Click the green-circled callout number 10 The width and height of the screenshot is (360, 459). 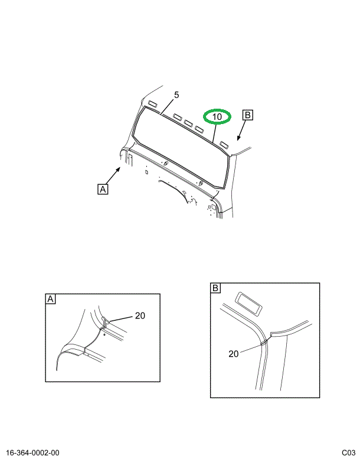click(217, 116)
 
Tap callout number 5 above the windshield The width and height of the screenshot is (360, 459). click(176, 95)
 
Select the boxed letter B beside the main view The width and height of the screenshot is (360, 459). click(248, 115)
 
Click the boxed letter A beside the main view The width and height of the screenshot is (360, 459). click(103, 189)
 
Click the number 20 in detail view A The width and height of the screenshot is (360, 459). click(140, 315)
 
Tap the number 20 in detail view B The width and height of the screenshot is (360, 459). click(233, 354)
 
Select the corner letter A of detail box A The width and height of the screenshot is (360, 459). click(50, 299)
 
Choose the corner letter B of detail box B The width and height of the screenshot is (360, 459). click(215, 288)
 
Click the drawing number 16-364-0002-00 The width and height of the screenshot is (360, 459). click(32, 453)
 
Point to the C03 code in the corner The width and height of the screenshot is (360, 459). click(348, 453)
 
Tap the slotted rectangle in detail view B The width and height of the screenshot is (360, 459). click(248, 304)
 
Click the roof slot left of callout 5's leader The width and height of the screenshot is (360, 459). click(152, 103)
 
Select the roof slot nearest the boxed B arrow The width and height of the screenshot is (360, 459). click(225, 145)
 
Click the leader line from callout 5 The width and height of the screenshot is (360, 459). click(168, 106)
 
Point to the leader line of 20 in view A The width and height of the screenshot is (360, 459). click(121, 319)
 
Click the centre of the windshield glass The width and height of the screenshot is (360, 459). click(179, 146)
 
